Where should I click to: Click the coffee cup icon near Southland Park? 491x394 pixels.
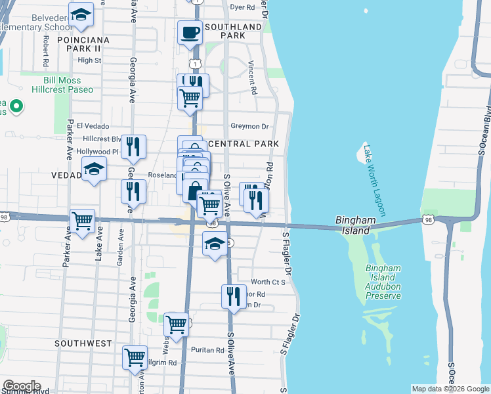point(190,32)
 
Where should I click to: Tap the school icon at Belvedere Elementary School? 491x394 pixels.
point(81,14)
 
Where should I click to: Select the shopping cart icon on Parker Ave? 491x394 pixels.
point(82,221)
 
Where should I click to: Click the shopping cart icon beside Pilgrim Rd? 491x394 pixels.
point(135,358)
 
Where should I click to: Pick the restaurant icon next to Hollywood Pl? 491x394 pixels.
point(133,148)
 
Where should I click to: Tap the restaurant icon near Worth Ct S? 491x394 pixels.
point(234,297)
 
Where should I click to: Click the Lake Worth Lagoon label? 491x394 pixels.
point(374,181)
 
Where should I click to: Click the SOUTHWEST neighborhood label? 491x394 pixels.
point(83,343)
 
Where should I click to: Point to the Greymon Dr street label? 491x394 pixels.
point(250,126)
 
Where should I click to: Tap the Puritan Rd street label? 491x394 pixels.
point(208,350)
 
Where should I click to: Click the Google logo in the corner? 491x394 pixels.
point(22,386)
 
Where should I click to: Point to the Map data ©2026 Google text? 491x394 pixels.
point(450,389)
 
